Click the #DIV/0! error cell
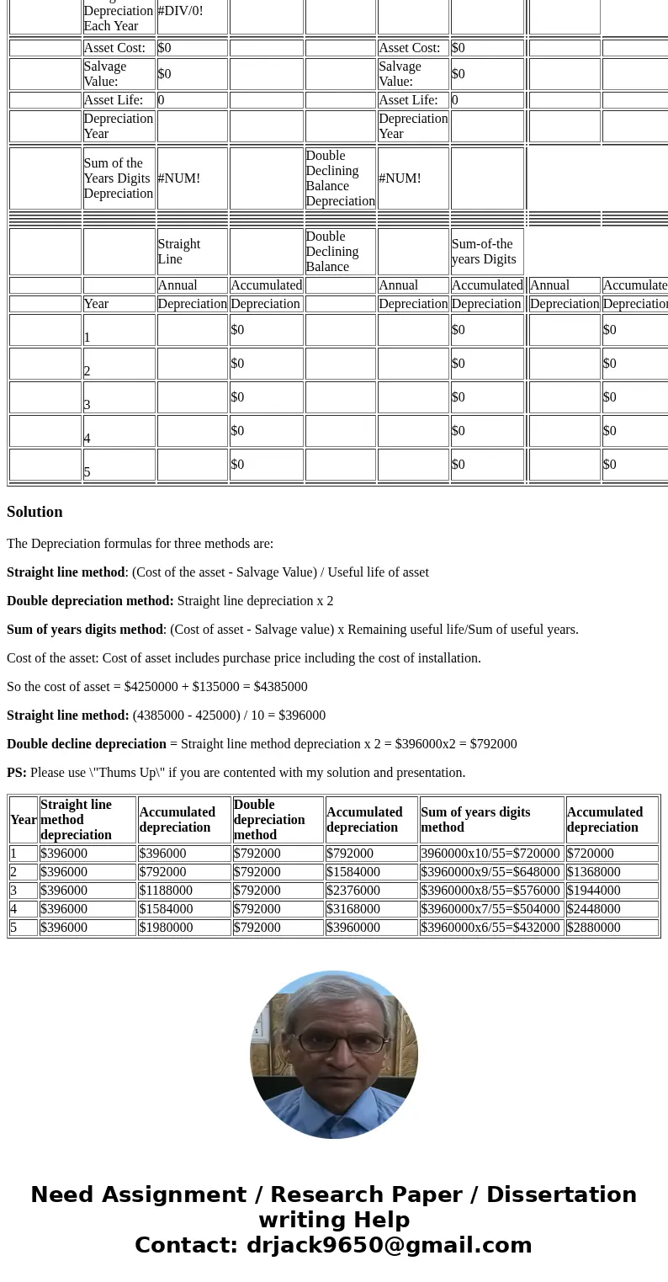(x=180, y=12)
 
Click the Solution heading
(x=34, y=512)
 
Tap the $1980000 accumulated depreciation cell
(x=166, y=928)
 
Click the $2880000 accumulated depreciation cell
(x=593, y=928)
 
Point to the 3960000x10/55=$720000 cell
(x=490, y=854)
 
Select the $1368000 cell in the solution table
(x=593, y=872)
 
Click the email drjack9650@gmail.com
(x=389, y=1246)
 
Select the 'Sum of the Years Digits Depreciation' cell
(x=118, y=178)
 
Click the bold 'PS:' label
(x=17, y=773)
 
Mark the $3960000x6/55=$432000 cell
(x=490, y=928)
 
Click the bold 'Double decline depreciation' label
(x=87, y=744)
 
